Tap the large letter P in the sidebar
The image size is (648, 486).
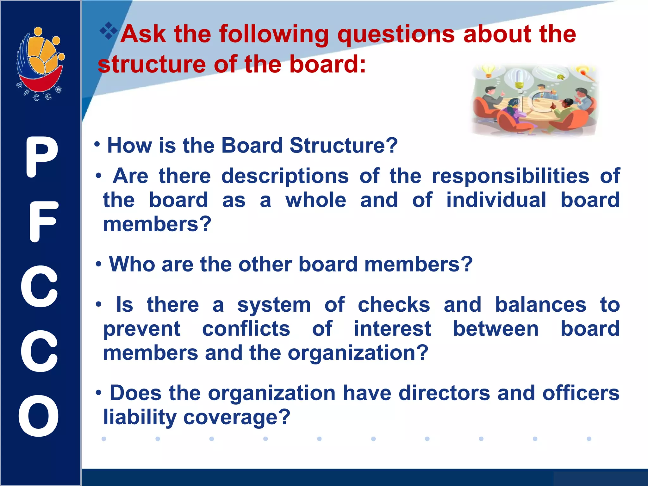click(x=42, y=157)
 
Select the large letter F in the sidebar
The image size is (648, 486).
click(x=43, y=221)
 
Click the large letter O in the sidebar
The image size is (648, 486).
click(x=39, y=416)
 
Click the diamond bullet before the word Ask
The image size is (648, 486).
click(x=109, y=31)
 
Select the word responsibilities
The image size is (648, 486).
click(x=510, y=176)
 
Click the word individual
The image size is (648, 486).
click(x=496, y=200)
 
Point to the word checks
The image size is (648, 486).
click(x=394, y=305)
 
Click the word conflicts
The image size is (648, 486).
click(x=246, y=329)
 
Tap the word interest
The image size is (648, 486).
click(x=392, y=329)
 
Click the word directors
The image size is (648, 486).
click(x=444, y=393)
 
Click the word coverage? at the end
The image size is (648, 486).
click(x=237, y=417)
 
